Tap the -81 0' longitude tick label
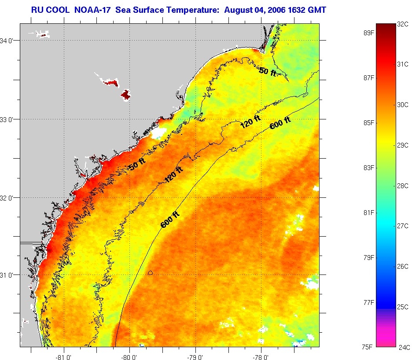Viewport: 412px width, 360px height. (64, 355)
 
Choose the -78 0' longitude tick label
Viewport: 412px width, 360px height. (261, 355)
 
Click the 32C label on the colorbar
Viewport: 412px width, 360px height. (402, 25)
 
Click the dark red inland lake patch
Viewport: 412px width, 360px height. (126, 94)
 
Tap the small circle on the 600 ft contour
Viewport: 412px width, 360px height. (151, 273)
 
